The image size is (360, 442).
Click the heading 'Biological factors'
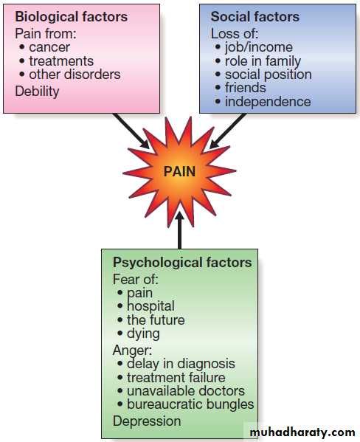[x=72, y=17]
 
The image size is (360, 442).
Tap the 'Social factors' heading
[x=255, y=17]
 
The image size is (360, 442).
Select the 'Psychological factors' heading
[x=182, y=263]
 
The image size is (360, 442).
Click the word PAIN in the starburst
[x=179, y=171]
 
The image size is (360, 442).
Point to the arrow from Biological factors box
[x=131, y=131]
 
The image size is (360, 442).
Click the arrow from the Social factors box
[x=228, y=131]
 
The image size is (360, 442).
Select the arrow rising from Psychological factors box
[x=179, y=229]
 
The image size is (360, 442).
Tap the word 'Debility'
[x=37, y=91]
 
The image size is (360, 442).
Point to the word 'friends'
[x=245, y=88]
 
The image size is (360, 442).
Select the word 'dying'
[x=143, y=334]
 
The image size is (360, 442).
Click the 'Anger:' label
[x=132, y=351]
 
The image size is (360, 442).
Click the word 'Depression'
[x=147, y=421]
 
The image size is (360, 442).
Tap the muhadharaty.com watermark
[x=302, y=432]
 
